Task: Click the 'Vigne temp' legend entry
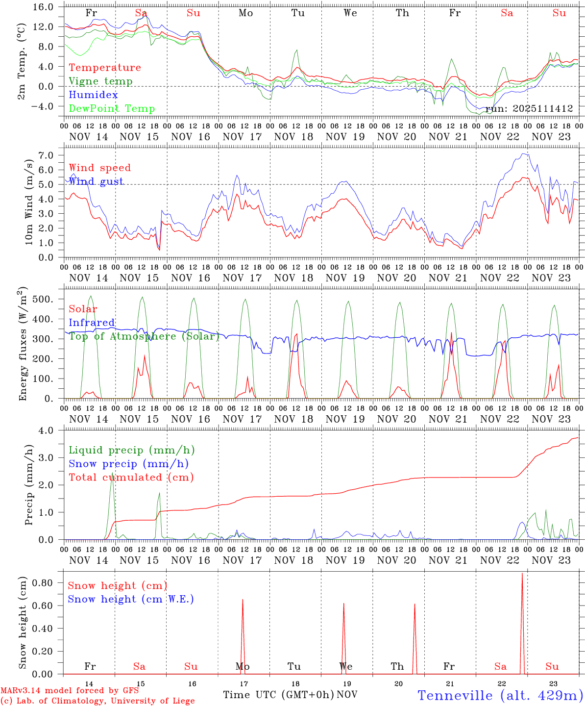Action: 100,81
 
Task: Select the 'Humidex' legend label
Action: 93,95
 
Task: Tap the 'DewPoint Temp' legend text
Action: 112,109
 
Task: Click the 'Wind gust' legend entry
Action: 96,181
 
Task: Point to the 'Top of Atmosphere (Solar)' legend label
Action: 144,336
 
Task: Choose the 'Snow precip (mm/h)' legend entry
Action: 128,464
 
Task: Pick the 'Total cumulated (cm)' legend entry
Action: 131,478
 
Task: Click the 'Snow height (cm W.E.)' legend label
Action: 131,599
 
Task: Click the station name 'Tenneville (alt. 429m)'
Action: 500,695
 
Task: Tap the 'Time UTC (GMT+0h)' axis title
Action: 278,695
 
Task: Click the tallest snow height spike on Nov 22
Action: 522,575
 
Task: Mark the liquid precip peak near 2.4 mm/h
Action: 112,475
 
